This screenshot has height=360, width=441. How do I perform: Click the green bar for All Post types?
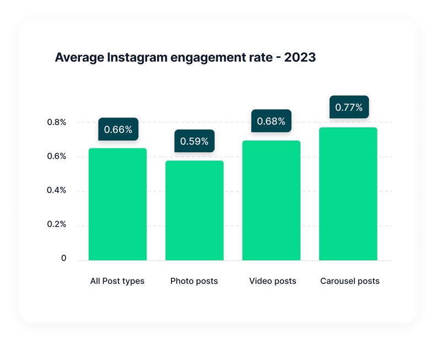[117, 205]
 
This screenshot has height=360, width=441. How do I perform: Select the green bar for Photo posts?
[194, 211]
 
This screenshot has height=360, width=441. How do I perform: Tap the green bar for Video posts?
[271, 201]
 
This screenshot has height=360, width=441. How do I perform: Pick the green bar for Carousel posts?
[348, 194]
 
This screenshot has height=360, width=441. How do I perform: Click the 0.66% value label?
[118, 130]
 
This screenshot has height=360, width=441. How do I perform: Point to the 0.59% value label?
[194, 142]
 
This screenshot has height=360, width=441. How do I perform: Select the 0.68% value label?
[271, 121]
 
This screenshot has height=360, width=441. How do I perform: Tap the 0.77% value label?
[349, 108]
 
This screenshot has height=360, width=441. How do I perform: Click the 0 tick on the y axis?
[63, 259]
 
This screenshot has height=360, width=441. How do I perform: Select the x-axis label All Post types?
[117, 281]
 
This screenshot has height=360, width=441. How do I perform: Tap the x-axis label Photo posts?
[194, 281]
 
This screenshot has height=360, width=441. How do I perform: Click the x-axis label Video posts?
[272, 281]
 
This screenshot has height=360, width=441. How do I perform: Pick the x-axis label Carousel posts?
[349, 281]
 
